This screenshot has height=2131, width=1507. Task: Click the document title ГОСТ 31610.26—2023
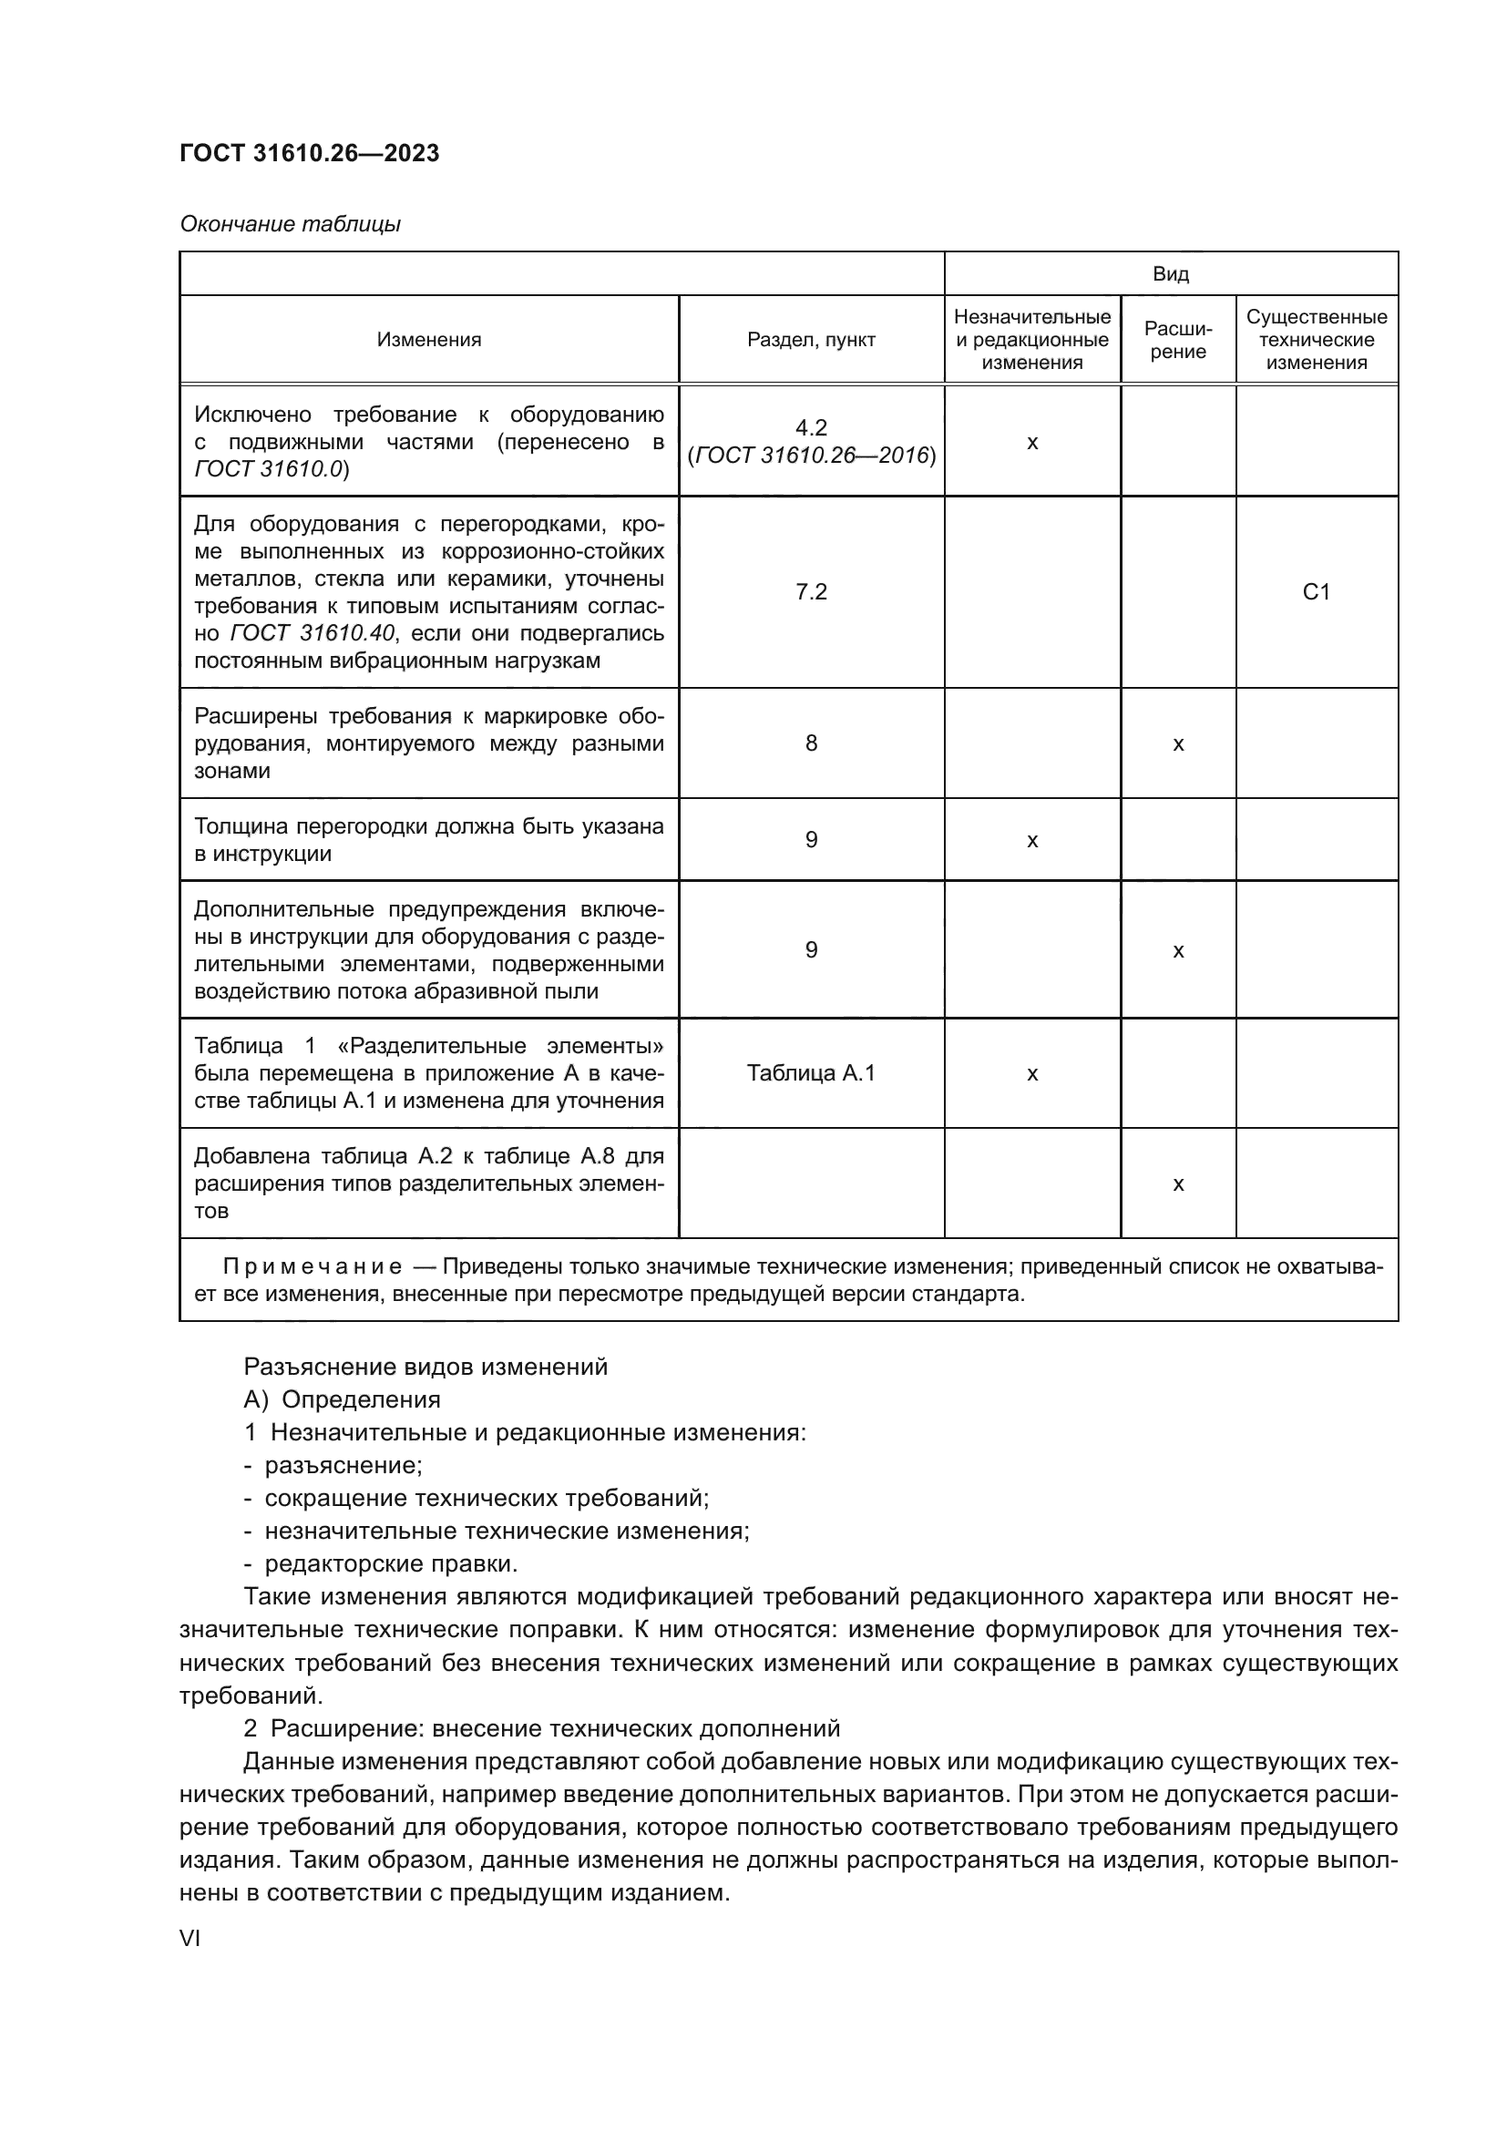coord(309,153)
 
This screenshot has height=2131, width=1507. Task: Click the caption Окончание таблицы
coord(290,224)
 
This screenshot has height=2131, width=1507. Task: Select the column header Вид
coord(1170,274)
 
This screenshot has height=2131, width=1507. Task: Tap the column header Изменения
coord(429,340)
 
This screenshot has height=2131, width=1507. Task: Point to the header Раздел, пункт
coord(811,340)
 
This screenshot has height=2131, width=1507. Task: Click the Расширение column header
coord(1177,340)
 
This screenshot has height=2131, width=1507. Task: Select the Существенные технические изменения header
coord(1316,340)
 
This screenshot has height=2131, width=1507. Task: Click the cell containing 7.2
coord(811,592)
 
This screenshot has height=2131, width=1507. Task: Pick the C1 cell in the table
coord(1316,592)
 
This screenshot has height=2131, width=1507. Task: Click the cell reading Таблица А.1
coord(811,1074)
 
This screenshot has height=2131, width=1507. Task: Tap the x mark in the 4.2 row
coord(1032,443)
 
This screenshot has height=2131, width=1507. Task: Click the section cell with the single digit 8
coord(811,743)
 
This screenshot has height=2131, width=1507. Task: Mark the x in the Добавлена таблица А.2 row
coord(1177,1184)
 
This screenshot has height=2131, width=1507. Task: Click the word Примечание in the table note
coord(312,1267)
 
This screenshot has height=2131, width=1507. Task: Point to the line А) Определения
coord(342,1399)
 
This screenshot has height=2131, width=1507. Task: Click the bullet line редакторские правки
coord(390,1564)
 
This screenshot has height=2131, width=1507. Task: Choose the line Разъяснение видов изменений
coord(425,1367)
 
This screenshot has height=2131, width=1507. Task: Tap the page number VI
coord(190,1939)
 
